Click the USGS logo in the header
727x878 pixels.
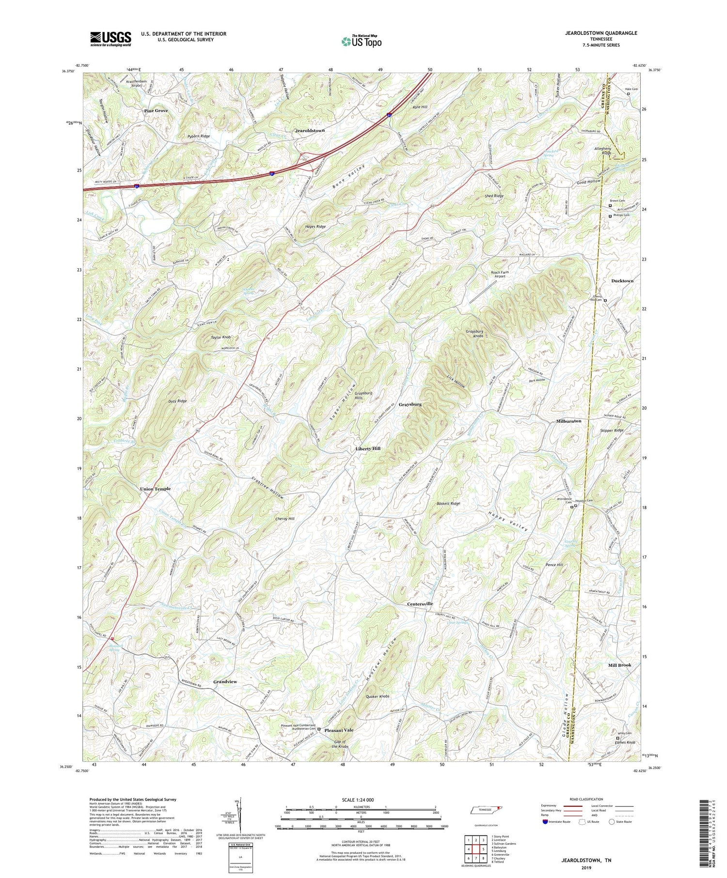click(x=111, y=39)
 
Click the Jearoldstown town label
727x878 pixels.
click(x=310, y=131)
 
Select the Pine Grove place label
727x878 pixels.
click(x=156, y=111)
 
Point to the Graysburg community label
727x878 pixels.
click(x=410, y=404)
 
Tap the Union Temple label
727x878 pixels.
click(x=155, y=489)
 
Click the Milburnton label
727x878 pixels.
click(x=569, y=421)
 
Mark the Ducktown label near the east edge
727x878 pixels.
click(x=622, y=281)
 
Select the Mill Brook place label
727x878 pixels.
click(x=620, y=665)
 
